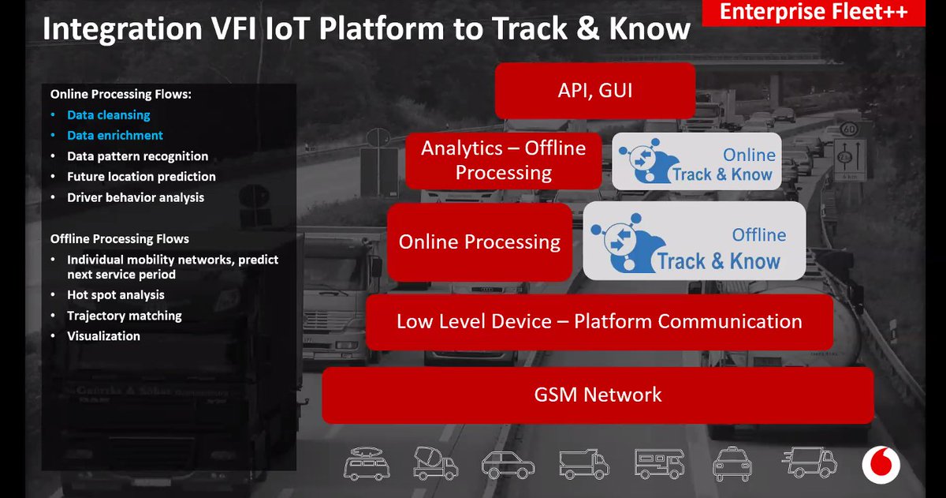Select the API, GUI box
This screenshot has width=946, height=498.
[594, 91]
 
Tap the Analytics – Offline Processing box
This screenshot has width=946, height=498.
[503, 160]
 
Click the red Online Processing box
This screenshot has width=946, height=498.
[479, 242]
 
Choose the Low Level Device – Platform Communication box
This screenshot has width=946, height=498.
[599, 322]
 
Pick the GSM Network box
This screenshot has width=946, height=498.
[598, 395]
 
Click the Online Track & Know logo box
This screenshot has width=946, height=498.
[697, 162]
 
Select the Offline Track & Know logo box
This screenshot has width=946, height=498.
[695, 241]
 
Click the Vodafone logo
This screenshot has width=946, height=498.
[880, 463]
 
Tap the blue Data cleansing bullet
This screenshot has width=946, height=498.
[109, 115]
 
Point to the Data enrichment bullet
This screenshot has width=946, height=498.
[115, 136]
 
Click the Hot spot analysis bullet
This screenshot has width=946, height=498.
[116, 295]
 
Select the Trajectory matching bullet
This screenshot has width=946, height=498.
[125, 316]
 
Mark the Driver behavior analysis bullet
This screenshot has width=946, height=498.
[136, 197]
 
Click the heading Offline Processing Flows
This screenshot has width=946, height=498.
[120, 238]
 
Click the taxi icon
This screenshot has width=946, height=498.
[732, 463]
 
